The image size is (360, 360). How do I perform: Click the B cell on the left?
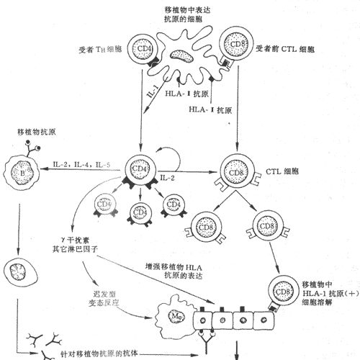(24, 170)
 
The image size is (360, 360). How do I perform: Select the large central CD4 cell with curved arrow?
(138, 169)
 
